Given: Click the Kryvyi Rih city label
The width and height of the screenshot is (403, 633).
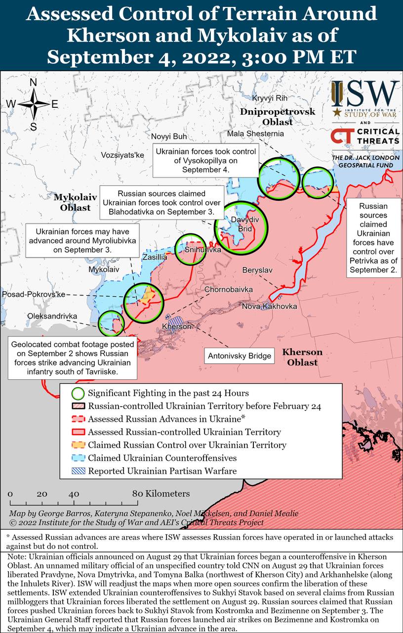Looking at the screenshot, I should pos(269,98).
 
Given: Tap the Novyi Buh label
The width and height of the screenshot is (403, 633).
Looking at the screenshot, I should pos(169,136).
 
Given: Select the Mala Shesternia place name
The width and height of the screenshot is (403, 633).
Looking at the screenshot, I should pos(255,134).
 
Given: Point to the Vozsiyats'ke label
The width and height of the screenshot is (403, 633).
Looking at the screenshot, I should pos(122,155).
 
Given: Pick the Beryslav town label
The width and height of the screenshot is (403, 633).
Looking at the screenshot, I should pos(257,270).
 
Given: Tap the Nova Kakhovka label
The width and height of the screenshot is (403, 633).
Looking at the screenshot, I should pos(269,307).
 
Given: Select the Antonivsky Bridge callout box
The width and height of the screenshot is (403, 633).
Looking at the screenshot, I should pos(240,356).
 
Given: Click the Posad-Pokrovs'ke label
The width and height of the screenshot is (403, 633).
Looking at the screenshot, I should pos(34,294).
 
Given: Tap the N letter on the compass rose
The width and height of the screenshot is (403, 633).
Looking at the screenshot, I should pos(34,83).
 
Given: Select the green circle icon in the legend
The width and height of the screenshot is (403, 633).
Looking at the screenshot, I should pos(78,394).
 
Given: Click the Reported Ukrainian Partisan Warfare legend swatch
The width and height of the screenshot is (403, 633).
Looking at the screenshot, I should pos(78,471).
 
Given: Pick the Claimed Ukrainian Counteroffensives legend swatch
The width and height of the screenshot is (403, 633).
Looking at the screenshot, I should pos(78,458).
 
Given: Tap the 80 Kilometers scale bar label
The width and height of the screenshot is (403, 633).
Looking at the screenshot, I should pos(161,494).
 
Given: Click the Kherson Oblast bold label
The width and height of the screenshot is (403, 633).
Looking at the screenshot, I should pos(302,357).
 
